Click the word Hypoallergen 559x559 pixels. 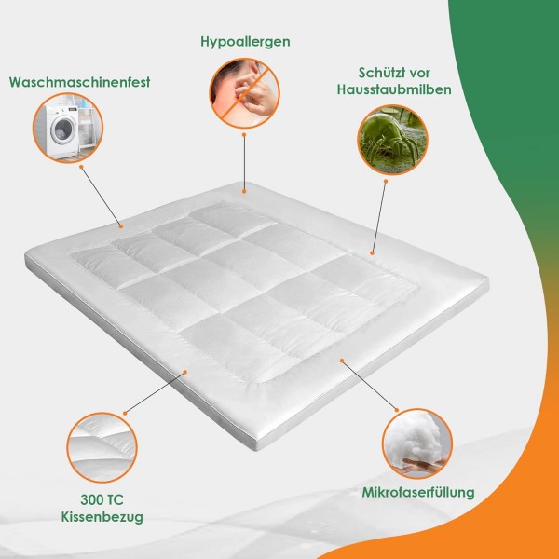point(245,42)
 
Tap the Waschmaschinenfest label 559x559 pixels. point(79,82)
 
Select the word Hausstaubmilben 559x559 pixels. point(394,89)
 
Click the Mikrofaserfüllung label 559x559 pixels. point(418,493)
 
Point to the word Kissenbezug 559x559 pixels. point(102,517)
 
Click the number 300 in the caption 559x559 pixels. point(91,499)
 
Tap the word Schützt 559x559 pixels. point(378,73)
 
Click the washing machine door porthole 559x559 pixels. point(64,130)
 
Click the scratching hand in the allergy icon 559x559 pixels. point(253,92)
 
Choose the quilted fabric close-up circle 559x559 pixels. point(102,448)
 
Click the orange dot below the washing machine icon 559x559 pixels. point(81,167)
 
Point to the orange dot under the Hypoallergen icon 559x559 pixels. point(244,135)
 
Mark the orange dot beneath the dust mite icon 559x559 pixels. point(386,181)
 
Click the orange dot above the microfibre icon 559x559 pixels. point(397,410)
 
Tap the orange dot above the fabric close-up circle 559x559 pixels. point(125,413)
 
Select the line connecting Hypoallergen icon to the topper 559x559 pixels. point(244,163)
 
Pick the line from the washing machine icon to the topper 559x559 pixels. point(102,197)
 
